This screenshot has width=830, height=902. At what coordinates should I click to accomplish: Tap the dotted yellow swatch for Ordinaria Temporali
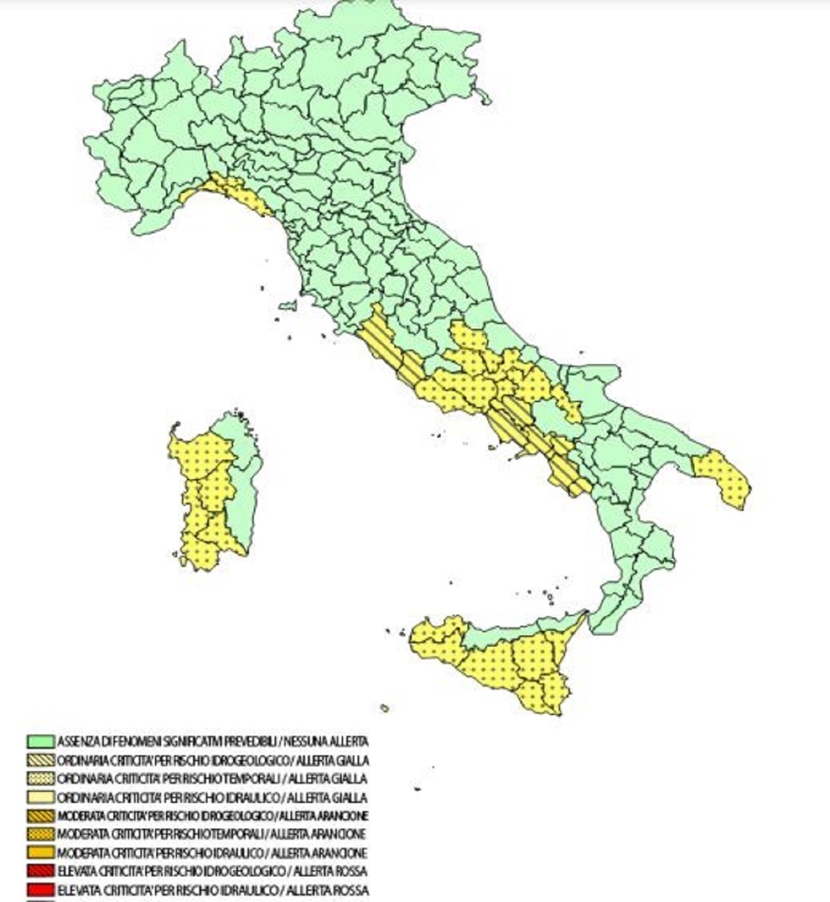(41, 779)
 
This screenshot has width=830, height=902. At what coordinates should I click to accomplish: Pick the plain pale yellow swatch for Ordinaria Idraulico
(41, 797)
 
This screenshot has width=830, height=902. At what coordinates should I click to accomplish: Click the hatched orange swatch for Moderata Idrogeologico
(41, 815)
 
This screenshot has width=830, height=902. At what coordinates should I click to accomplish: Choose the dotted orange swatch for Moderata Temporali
(41, 834)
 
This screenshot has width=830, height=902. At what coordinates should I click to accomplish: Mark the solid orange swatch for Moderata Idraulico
(41, 853)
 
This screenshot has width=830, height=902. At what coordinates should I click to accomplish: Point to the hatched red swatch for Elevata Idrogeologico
(41, 871)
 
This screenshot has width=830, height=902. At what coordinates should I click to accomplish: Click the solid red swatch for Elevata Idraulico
(41, 890)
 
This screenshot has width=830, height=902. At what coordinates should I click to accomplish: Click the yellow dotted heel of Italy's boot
(723, 478)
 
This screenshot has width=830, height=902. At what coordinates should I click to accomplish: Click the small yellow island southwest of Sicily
(384, 707)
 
